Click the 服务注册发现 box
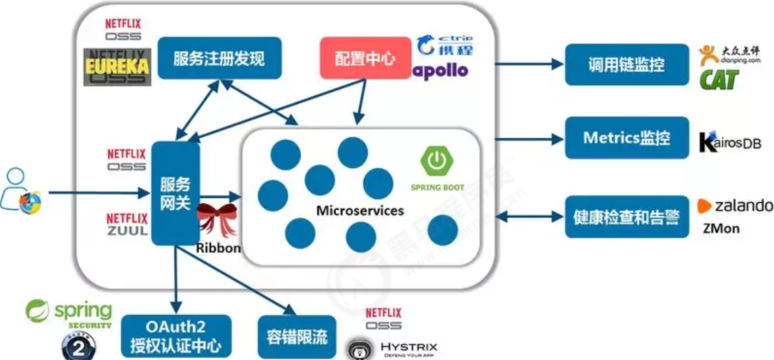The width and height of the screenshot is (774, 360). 219,58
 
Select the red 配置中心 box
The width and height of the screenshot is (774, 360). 364,58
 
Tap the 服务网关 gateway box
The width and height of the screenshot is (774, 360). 175,194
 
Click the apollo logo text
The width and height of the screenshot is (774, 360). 440,71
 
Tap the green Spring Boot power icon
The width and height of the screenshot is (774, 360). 433,160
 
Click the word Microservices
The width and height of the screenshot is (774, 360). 360,211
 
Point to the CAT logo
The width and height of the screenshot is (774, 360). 718,79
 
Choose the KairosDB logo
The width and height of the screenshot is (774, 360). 730,142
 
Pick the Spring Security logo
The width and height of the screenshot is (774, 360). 69,312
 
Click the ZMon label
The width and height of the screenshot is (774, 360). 721,228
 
